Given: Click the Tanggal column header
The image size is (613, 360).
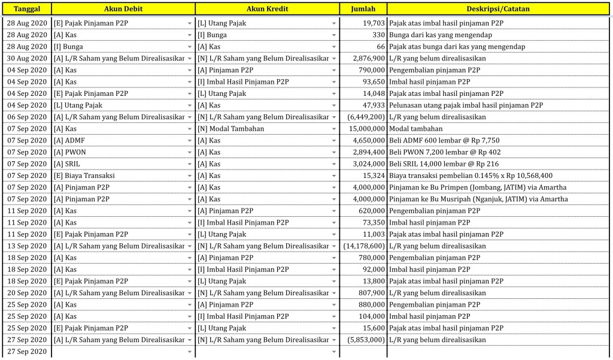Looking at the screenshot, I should [x=26, y=9].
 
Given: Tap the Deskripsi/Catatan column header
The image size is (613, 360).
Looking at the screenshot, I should [x=497, y=9].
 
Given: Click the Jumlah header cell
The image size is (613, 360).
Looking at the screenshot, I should [x=363, y=9].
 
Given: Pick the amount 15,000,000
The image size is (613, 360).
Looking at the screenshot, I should [x=365, y=129].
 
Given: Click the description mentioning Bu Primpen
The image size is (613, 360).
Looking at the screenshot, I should [x=478, y=187].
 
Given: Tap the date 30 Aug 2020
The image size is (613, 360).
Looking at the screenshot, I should [x=26, y=59].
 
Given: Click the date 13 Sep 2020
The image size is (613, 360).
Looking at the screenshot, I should [x=26, y=246].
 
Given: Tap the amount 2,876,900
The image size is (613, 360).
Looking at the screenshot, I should [x=366, y=59].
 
